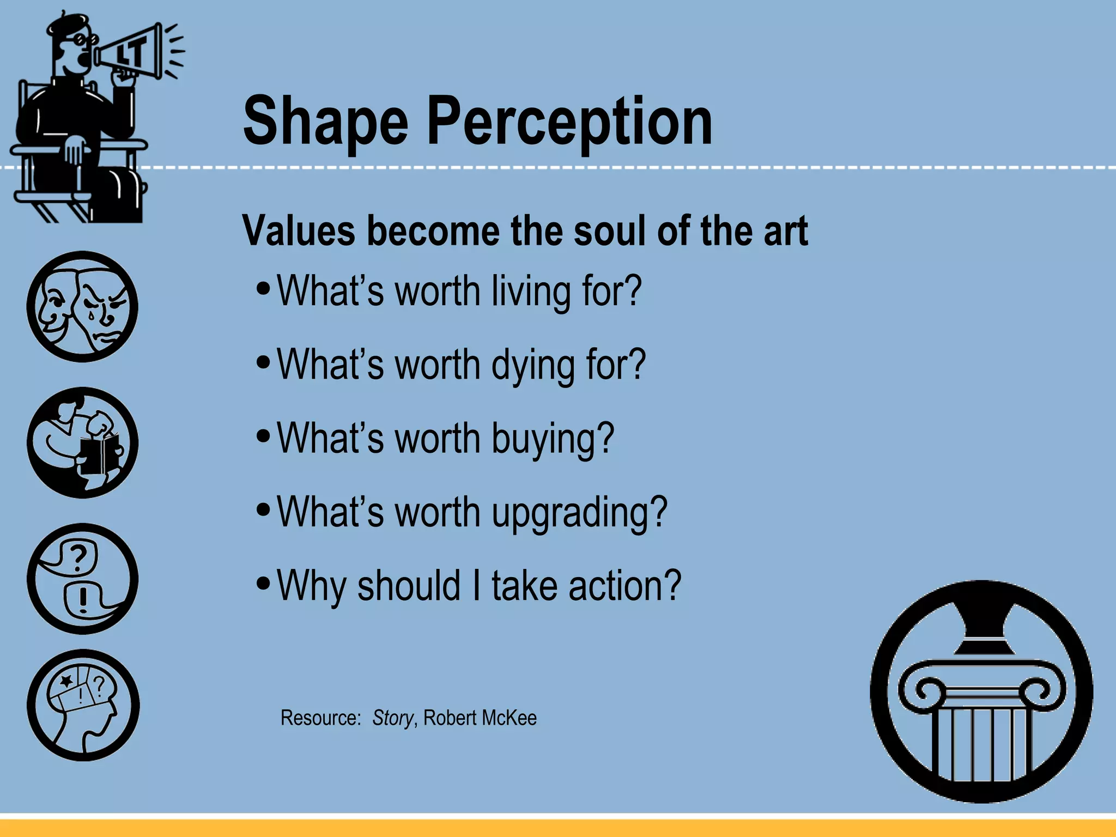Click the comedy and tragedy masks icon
82,306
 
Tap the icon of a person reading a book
82,442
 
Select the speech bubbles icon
82,579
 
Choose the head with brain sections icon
83,705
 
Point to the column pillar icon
981,692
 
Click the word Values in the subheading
298,231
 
